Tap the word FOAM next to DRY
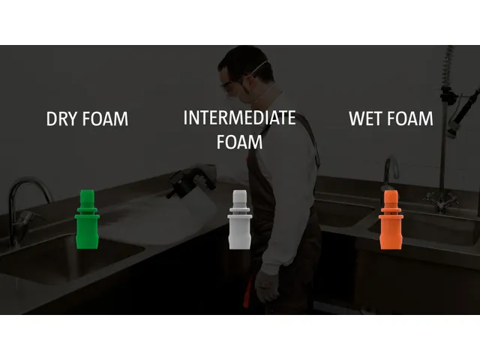click(x=104, y=119)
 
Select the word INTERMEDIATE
click(x=239, y=118)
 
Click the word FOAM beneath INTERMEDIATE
click(x=239, y=142)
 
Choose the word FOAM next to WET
click(x=411, y=118)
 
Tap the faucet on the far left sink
click(x=22, y=202)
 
